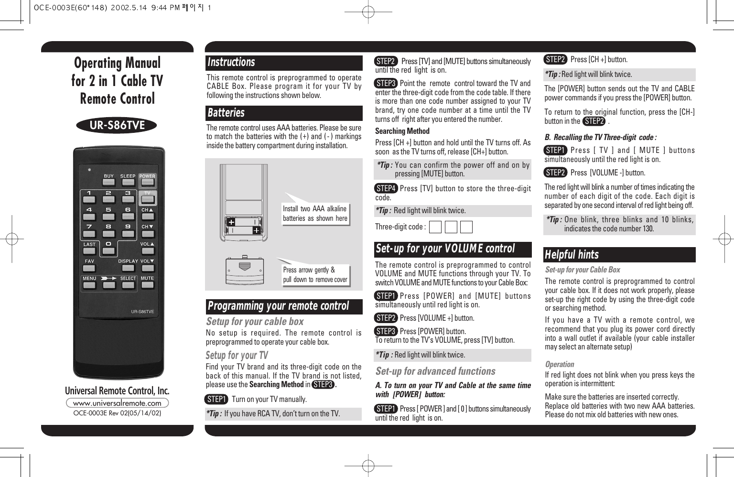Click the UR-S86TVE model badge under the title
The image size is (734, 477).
[x=117, y=125]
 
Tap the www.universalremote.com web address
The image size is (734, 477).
[x=117, y=403]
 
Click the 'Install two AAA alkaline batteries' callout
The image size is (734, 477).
[x=315, y=214]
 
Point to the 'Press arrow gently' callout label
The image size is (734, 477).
[x=315, y=275]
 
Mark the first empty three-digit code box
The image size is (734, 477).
[x=435, y=227]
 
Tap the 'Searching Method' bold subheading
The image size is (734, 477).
[x=402, y=131]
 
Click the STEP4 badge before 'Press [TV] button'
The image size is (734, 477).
[x=386, y=188]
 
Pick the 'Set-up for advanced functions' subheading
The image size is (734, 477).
[x=435, y=371]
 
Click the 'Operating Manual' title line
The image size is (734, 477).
[x=117, y=63]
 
